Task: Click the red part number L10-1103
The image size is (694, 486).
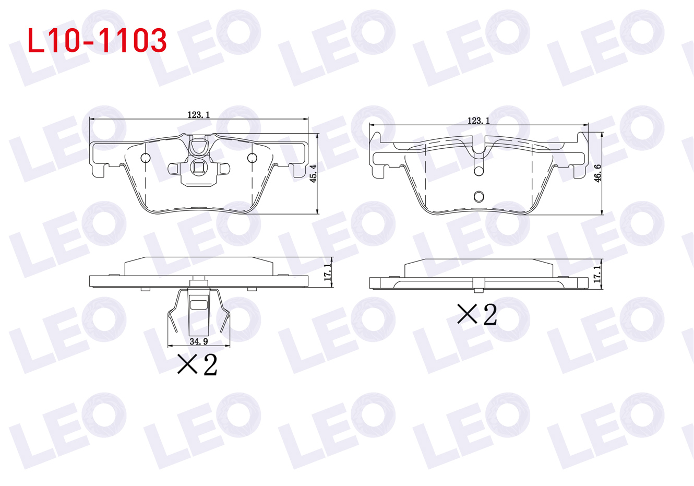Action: click(97, 40)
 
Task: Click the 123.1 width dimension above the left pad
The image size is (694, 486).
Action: click(199, 115)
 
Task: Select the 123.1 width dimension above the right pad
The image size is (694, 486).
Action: click(478, 121)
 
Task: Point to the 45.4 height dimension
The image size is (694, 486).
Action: click(314, 173)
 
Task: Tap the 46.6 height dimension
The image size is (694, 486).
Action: click(597, 173)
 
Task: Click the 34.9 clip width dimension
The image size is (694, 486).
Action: click(199, 341)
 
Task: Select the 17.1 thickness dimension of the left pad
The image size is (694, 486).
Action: click(327, 272)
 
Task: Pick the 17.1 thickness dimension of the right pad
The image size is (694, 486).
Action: click(597, 274)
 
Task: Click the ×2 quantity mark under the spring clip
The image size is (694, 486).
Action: click(197, 365)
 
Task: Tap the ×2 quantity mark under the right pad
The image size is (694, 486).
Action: click(477, 314)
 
